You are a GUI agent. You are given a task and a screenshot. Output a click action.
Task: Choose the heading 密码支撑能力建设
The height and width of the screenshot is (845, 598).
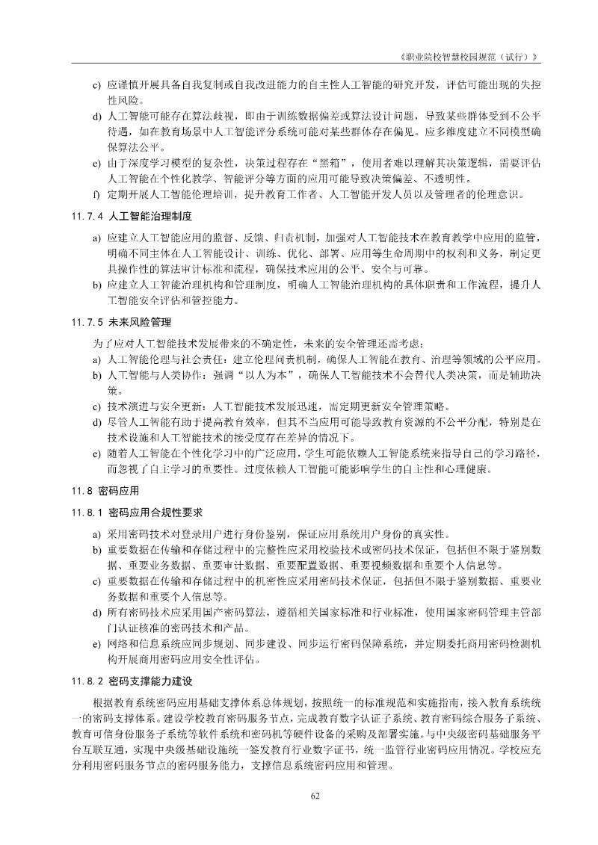pos(150,682)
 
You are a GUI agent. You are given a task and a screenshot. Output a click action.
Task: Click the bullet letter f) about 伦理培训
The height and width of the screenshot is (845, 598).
pos(96,195)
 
